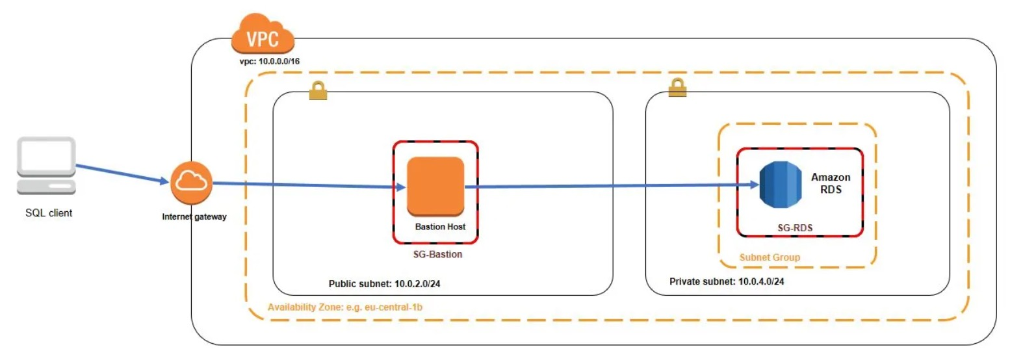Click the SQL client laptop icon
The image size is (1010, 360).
45,165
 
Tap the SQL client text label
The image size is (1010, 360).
44,212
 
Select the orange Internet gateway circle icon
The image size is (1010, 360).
192,183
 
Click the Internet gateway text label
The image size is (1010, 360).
194,217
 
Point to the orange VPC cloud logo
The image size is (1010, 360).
263,36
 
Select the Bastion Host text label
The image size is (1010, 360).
440,227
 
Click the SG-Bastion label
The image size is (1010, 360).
437,254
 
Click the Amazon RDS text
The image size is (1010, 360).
830,183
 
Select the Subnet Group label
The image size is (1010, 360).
770,257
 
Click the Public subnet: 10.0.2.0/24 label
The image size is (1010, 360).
389,284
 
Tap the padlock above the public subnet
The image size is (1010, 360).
318,91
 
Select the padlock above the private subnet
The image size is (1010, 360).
677,87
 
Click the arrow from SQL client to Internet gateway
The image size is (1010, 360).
121,174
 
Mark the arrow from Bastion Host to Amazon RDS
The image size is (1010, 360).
611,186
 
